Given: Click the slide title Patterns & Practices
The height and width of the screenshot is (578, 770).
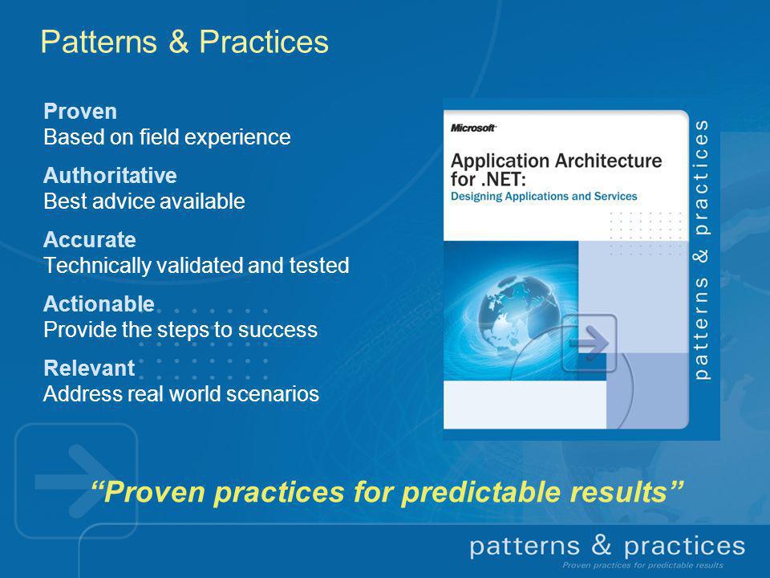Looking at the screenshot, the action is coord(184,42).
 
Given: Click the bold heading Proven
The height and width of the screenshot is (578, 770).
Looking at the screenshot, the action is coord(80,112).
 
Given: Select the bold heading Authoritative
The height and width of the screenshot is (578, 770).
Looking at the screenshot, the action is coord(110,176).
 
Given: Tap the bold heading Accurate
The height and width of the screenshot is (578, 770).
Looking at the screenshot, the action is coord(90,240).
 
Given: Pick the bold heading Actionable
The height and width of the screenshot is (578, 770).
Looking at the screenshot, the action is coord(99,304).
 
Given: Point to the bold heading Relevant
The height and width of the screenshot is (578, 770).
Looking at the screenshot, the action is coord(89,368).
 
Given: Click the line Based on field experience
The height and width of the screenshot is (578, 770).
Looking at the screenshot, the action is coord(167,137).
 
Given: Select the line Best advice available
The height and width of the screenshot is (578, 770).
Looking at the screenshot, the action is coord(144,201).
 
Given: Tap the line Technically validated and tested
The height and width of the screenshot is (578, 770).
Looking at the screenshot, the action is coord(197,266).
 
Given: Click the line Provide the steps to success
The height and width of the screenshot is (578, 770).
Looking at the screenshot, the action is coord(180,330).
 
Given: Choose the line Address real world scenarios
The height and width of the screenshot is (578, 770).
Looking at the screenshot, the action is coord(181,394).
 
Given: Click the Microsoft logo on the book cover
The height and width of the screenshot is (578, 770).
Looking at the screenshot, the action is coord(473,128).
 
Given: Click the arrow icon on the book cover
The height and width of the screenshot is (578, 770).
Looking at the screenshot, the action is coord(590,343).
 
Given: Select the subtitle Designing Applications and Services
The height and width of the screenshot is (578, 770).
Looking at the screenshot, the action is coord(544,197).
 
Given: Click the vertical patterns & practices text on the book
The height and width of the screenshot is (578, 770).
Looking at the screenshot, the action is coord(702,250).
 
